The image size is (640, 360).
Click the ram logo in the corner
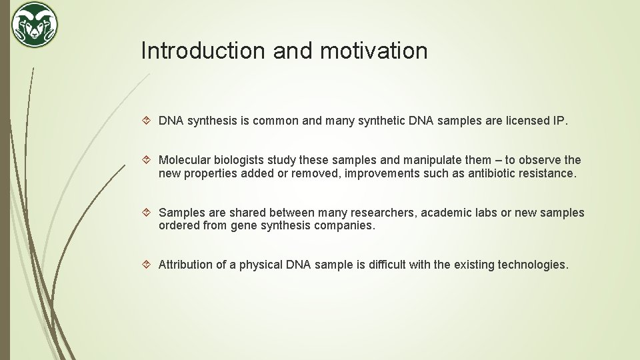pyautogui.click(x=35, y=25)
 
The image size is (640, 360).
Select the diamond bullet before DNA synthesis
pyautogui.click(x=149, y=121)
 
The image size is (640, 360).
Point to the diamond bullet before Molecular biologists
pyautogui.click(x=149, y=160)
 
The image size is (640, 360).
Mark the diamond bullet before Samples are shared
pyautogui.click(x=149, y=213)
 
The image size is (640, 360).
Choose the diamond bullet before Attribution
pyautogui.click(x=149, y=265)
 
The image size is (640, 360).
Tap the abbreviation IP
pyautogui.click(x=559, y=121)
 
